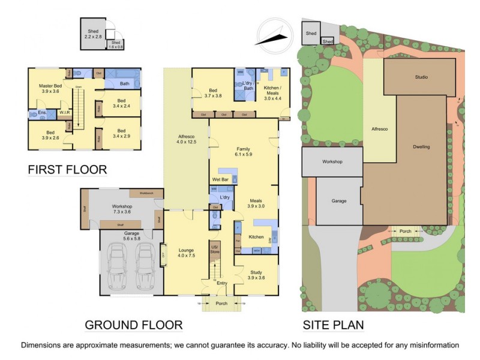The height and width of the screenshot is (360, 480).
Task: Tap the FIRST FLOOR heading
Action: click(x=67, y=170)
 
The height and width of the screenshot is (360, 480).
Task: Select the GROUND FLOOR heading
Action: click(x=133, y=325)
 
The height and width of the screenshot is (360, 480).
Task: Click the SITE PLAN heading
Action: click(x=341, y=325)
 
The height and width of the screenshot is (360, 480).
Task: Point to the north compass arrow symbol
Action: click(x=273, y=35)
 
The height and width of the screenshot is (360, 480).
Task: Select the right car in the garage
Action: click(x=145, y=266)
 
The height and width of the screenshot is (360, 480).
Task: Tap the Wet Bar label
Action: click(x=221, y=179)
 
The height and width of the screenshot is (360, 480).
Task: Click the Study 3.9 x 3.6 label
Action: click(x=256, y=275)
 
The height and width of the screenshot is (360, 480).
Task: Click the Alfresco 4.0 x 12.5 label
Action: click(x=186, y=139)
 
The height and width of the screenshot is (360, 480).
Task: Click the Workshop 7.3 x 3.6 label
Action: click(x=122, y=209)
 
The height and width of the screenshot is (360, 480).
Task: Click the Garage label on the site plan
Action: click(x=339, y=201)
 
